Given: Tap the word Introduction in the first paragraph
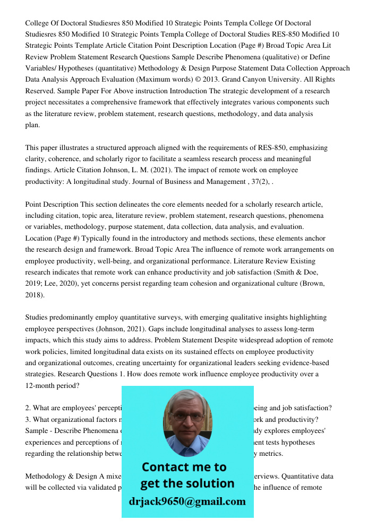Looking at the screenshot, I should [189, 91].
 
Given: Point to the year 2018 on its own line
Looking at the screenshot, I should [35, 295].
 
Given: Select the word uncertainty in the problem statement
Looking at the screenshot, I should [160, 363].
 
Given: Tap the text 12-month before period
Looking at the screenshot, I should [42, 385].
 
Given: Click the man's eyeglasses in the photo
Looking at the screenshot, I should [186, 417].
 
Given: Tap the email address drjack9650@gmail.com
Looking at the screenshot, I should [187, 501].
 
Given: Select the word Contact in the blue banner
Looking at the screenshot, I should [167, 467].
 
